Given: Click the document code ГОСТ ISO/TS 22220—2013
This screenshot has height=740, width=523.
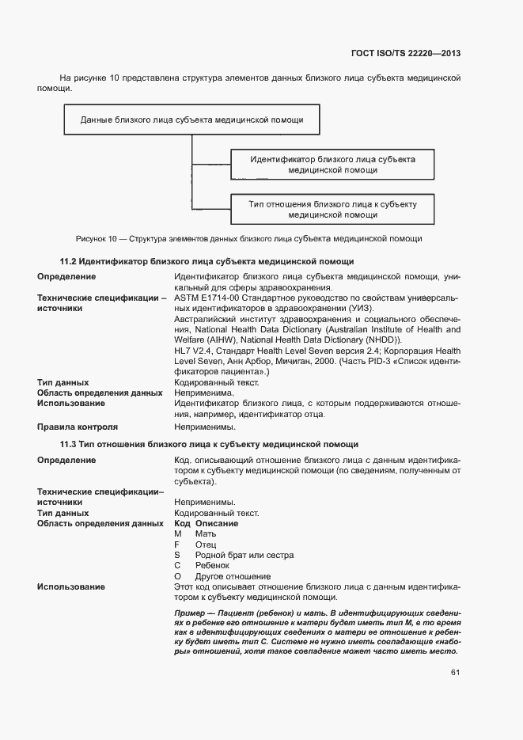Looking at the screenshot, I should [405, 54].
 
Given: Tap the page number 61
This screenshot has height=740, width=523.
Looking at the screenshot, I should [455, 673].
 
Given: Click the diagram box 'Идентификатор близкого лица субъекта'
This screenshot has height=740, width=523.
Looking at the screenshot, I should [332, 165].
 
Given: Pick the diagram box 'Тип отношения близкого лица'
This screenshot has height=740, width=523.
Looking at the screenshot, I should [332, 209].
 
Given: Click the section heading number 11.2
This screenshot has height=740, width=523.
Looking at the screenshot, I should [68, 261].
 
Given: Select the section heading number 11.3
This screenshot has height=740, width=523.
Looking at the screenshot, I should [68, 444].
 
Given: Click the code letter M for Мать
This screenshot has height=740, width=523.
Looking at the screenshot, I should [178, 534].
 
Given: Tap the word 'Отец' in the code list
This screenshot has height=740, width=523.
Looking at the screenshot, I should [205, 545].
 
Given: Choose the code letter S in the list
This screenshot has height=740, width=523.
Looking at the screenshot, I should [177, 555].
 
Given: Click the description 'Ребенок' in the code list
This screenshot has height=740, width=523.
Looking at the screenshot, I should [212, 565].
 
